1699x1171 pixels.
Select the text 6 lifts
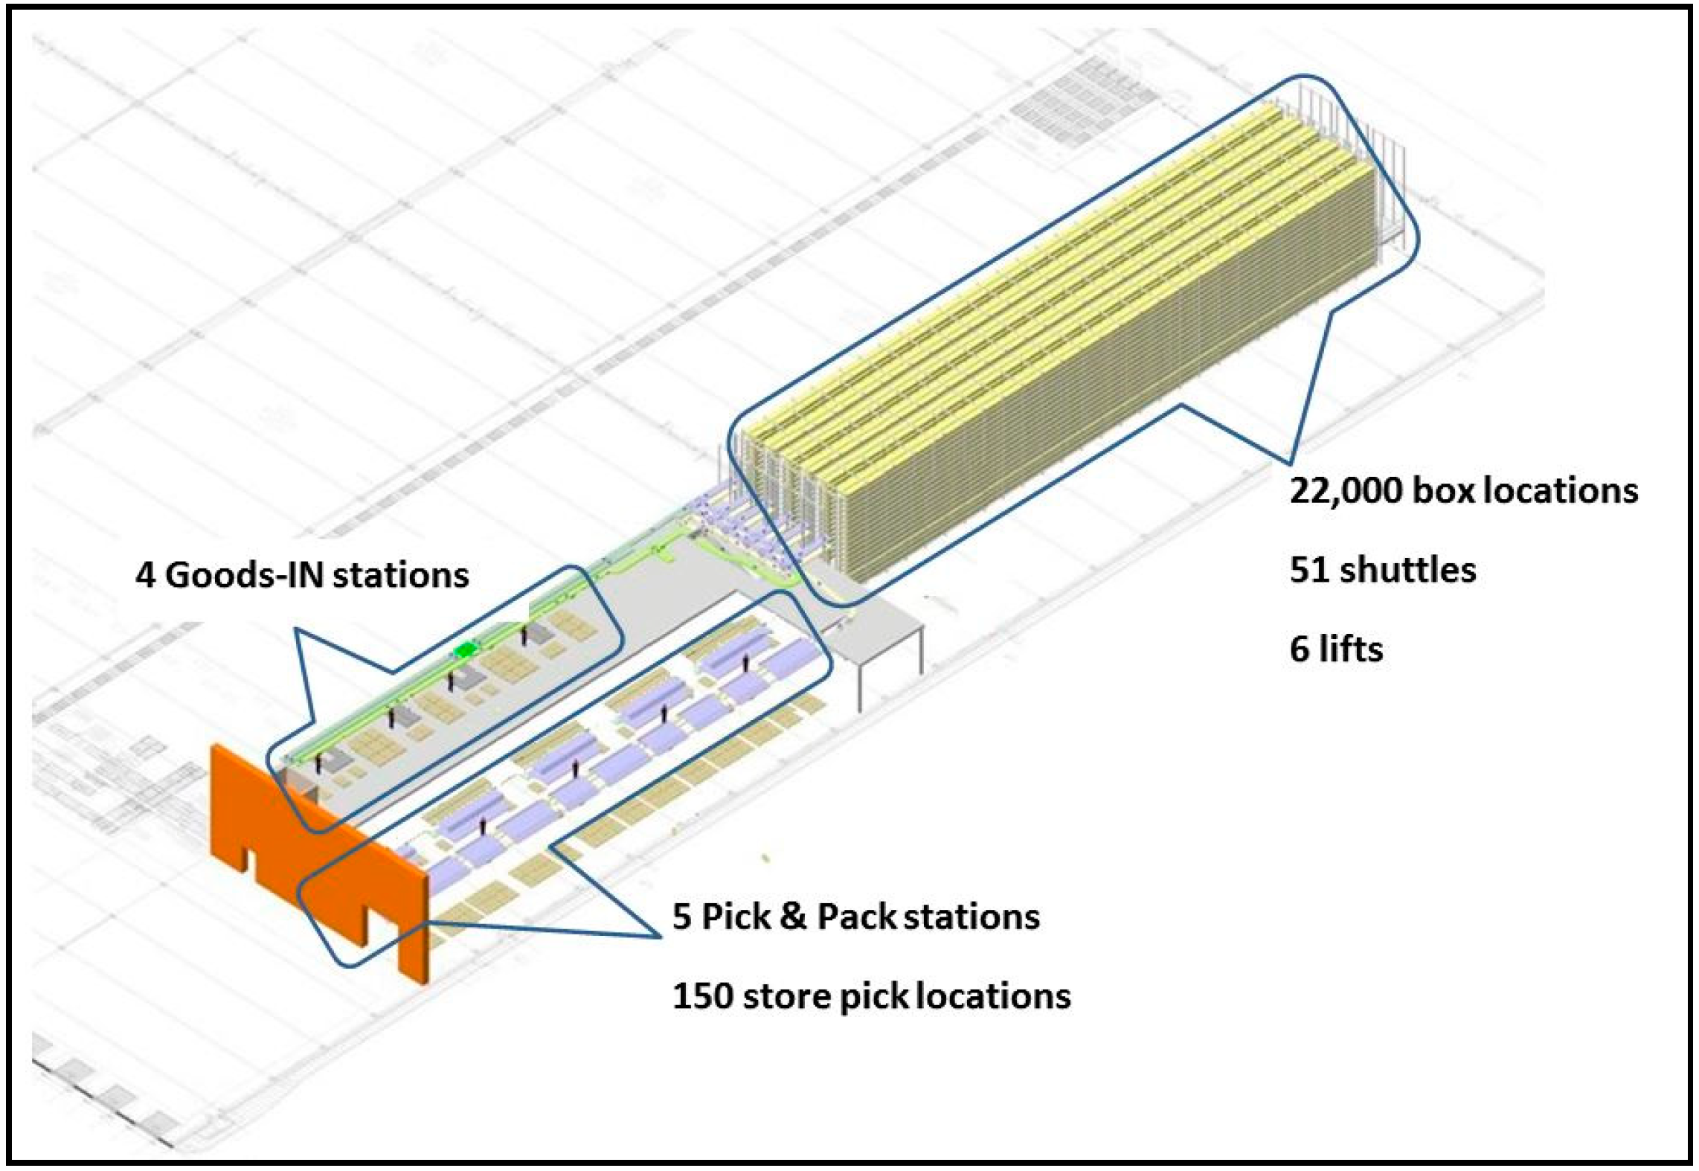1336,649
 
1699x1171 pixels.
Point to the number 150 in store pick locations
701,996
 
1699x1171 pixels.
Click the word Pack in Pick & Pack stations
855,917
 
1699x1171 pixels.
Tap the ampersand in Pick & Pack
794,917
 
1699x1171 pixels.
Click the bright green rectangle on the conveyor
466,650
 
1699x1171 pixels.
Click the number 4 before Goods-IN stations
145,576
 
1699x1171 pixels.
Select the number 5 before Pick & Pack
681,917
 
